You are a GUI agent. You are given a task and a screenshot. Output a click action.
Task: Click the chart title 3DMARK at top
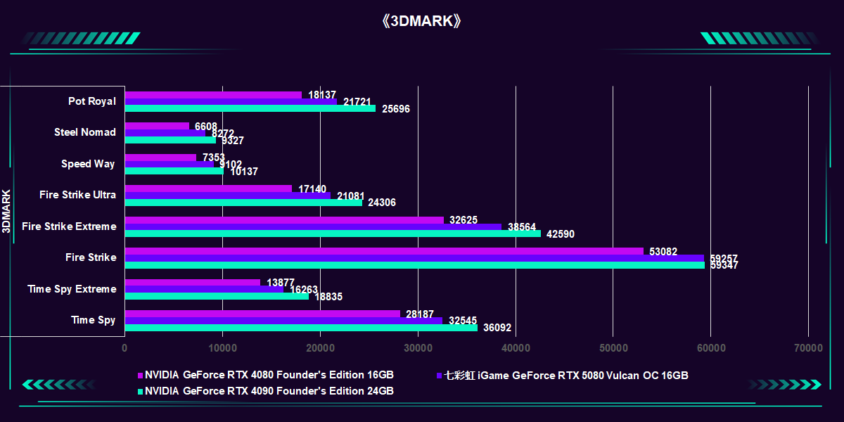point(422,21)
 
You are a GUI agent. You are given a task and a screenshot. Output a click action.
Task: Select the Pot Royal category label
point(92,101)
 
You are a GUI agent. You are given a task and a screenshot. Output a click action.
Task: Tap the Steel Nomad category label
point(85,132)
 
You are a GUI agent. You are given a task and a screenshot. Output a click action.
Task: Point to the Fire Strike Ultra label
point(78,195)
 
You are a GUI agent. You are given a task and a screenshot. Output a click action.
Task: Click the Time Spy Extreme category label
point(72,289)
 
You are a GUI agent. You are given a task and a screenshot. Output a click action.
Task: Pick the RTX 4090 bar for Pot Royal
point(250,109)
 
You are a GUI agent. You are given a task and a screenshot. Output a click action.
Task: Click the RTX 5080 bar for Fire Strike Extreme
point(313,226)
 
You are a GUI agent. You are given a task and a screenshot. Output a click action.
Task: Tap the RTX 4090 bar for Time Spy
point(301,328)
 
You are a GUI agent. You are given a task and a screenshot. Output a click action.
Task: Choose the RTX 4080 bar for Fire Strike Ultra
point(208,188)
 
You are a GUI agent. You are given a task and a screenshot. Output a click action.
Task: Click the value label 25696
point(395,109)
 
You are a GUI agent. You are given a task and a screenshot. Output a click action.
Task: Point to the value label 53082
point(663,251)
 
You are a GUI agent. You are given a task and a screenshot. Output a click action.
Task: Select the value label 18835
point(328,297)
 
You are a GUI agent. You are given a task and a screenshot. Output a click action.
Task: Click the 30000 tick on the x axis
point(418,347)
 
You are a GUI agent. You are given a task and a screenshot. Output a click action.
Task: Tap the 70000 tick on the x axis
point(808,347)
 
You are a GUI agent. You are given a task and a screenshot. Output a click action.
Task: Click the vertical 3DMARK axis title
point(6,211)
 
